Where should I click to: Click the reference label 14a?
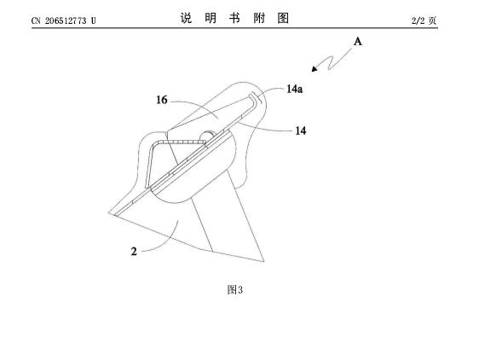[x=294, y=90]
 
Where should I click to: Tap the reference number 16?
[x=161, y=100]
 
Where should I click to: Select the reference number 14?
[x=300, y=131]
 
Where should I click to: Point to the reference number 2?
[x=134, y=251]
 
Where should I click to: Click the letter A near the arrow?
[x=357, y=42]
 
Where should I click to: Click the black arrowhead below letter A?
[x=315, y=68]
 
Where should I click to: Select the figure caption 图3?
[x=234, y=290]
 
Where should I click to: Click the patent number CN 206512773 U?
[x=63, y=20]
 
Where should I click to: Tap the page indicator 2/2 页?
[x=424, y=20]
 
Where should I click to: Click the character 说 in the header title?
[x=186, y=18]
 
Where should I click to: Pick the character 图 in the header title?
[x=283, y=18]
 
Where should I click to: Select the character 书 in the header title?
[x=234, y=18]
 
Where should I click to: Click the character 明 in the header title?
[x=211, y=18]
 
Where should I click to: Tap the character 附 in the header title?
[x=259, y=18]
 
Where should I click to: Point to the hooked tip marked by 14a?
[x=256, y=97]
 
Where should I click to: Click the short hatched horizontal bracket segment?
[x=182, y=142]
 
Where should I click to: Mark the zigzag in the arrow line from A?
[x=331, y=63]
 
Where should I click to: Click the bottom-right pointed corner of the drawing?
[x=263, y=262]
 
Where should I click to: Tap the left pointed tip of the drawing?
[x=109, y=212]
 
